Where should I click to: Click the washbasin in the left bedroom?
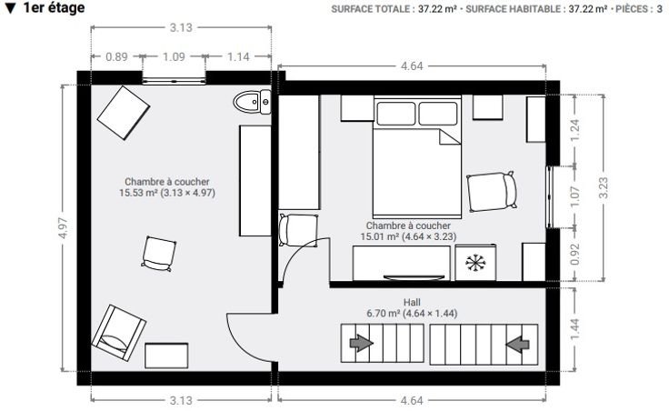point(252,102)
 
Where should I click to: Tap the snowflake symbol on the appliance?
point(475,263)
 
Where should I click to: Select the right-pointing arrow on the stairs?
point(361,343)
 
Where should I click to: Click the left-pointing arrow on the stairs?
point(517,344)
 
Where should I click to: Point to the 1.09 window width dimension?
point(174,56)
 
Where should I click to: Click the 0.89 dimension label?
point(116,56)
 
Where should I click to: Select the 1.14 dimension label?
point(238,56)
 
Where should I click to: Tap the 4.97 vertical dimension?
point(63,228)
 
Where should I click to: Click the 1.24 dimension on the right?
point(574,131)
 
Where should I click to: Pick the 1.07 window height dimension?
point(574,196)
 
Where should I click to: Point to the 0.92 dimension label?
point(574,254)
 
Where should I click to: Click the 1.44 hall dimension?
point(574,329)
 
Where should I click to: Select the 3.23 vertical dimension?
point(603,188)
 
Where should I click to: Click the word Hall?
point(412,303)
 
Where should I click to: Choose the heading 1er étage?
point(55,7)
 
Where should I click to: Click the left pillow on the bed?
point(395,114)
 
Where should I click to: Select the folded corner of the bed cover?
point(450,137)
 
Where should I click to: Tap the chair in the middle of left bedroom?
point(159,254)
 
